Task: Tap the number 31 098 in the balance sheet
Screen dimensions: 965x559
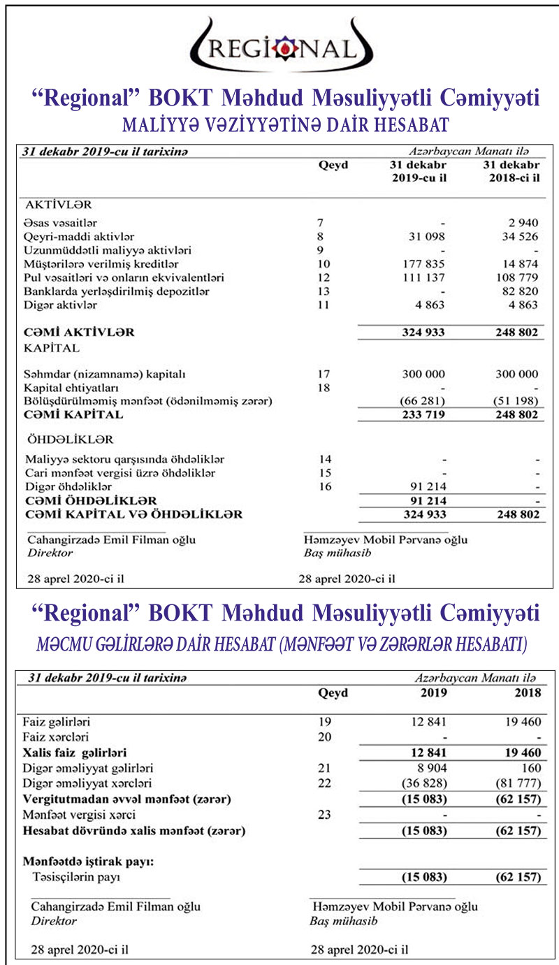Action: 423,237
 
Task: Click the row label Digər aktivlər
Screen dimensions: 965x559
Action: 60,305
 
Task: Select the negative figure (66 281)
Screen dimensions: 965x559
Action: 422,401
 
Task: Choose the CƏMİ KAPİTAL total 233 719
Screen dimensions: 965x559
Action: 422,414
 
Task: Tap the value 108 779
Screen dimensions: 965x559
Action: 518,278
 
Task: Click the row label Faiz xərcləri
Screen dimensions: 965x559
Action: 55,737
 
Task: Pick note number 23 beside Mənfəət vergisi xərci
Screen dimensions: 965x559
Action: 324,815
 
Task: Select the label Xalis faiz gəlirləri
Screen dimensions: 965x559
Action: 74,753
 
